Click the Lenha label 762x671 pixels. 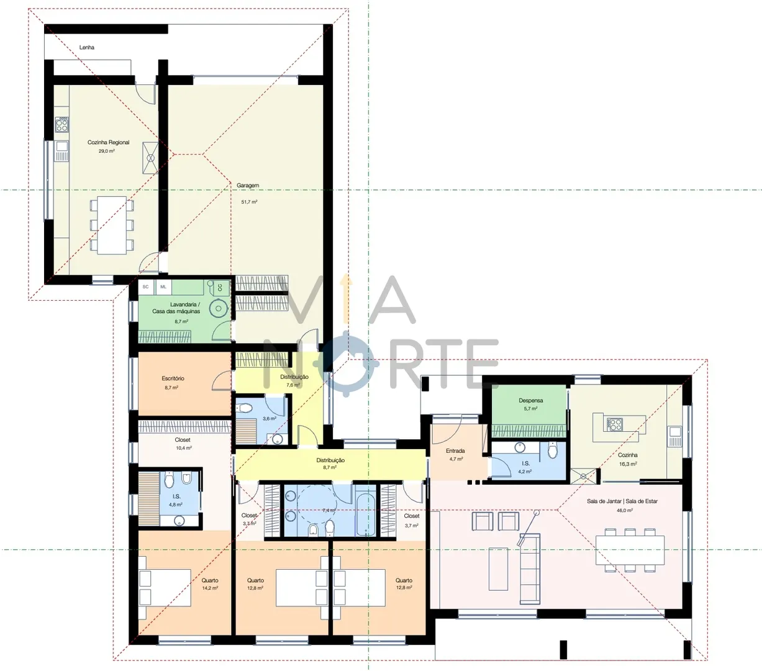pyautogui.click(x=86, y=47)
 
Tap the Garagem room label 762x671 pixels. pyautogui.click(x=248, y=186)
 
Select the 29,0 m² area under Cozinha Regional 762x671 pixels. pyautogui.click(x=107, y=151)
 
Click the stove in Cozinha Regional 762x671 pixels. pyautogui.click(x=62, y=124)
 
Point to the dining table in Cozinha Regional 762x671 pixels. pyautogui.click(x=112, y=225)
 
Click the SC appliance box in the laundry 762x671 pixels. pyautogui.click(x=145, y=287)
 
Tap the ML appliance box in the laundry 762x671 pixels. pyautogui.click(x=163, y=287)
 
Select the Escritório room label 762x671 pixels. pyautogui.click(x=173, y=378)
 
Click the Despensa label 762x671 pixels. pyautogui.click(x=531, y=400)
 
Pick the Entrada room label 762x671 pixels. pyautogui.click(x=455, y=450)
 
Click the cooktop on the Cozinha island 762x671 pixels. pyautogui.click(x=615, y=424)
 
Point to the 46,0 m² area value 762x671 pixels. pyautogui.click(x=625, y=511)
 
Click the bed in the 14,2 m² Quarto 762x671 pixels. pyautogui.click(x=165, y=588)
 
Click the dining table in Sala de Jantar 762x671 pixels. pyautogui.click(x=630, y=550)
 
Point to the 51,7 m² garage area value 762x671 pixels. pyautogui.click(x=250, y=202)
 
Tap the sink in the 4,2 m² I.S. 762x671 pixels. pyautogui.click(x=520, y=448)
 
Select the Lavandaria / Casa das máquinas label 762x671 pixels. pyautogui.click(x=176, y=308)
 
